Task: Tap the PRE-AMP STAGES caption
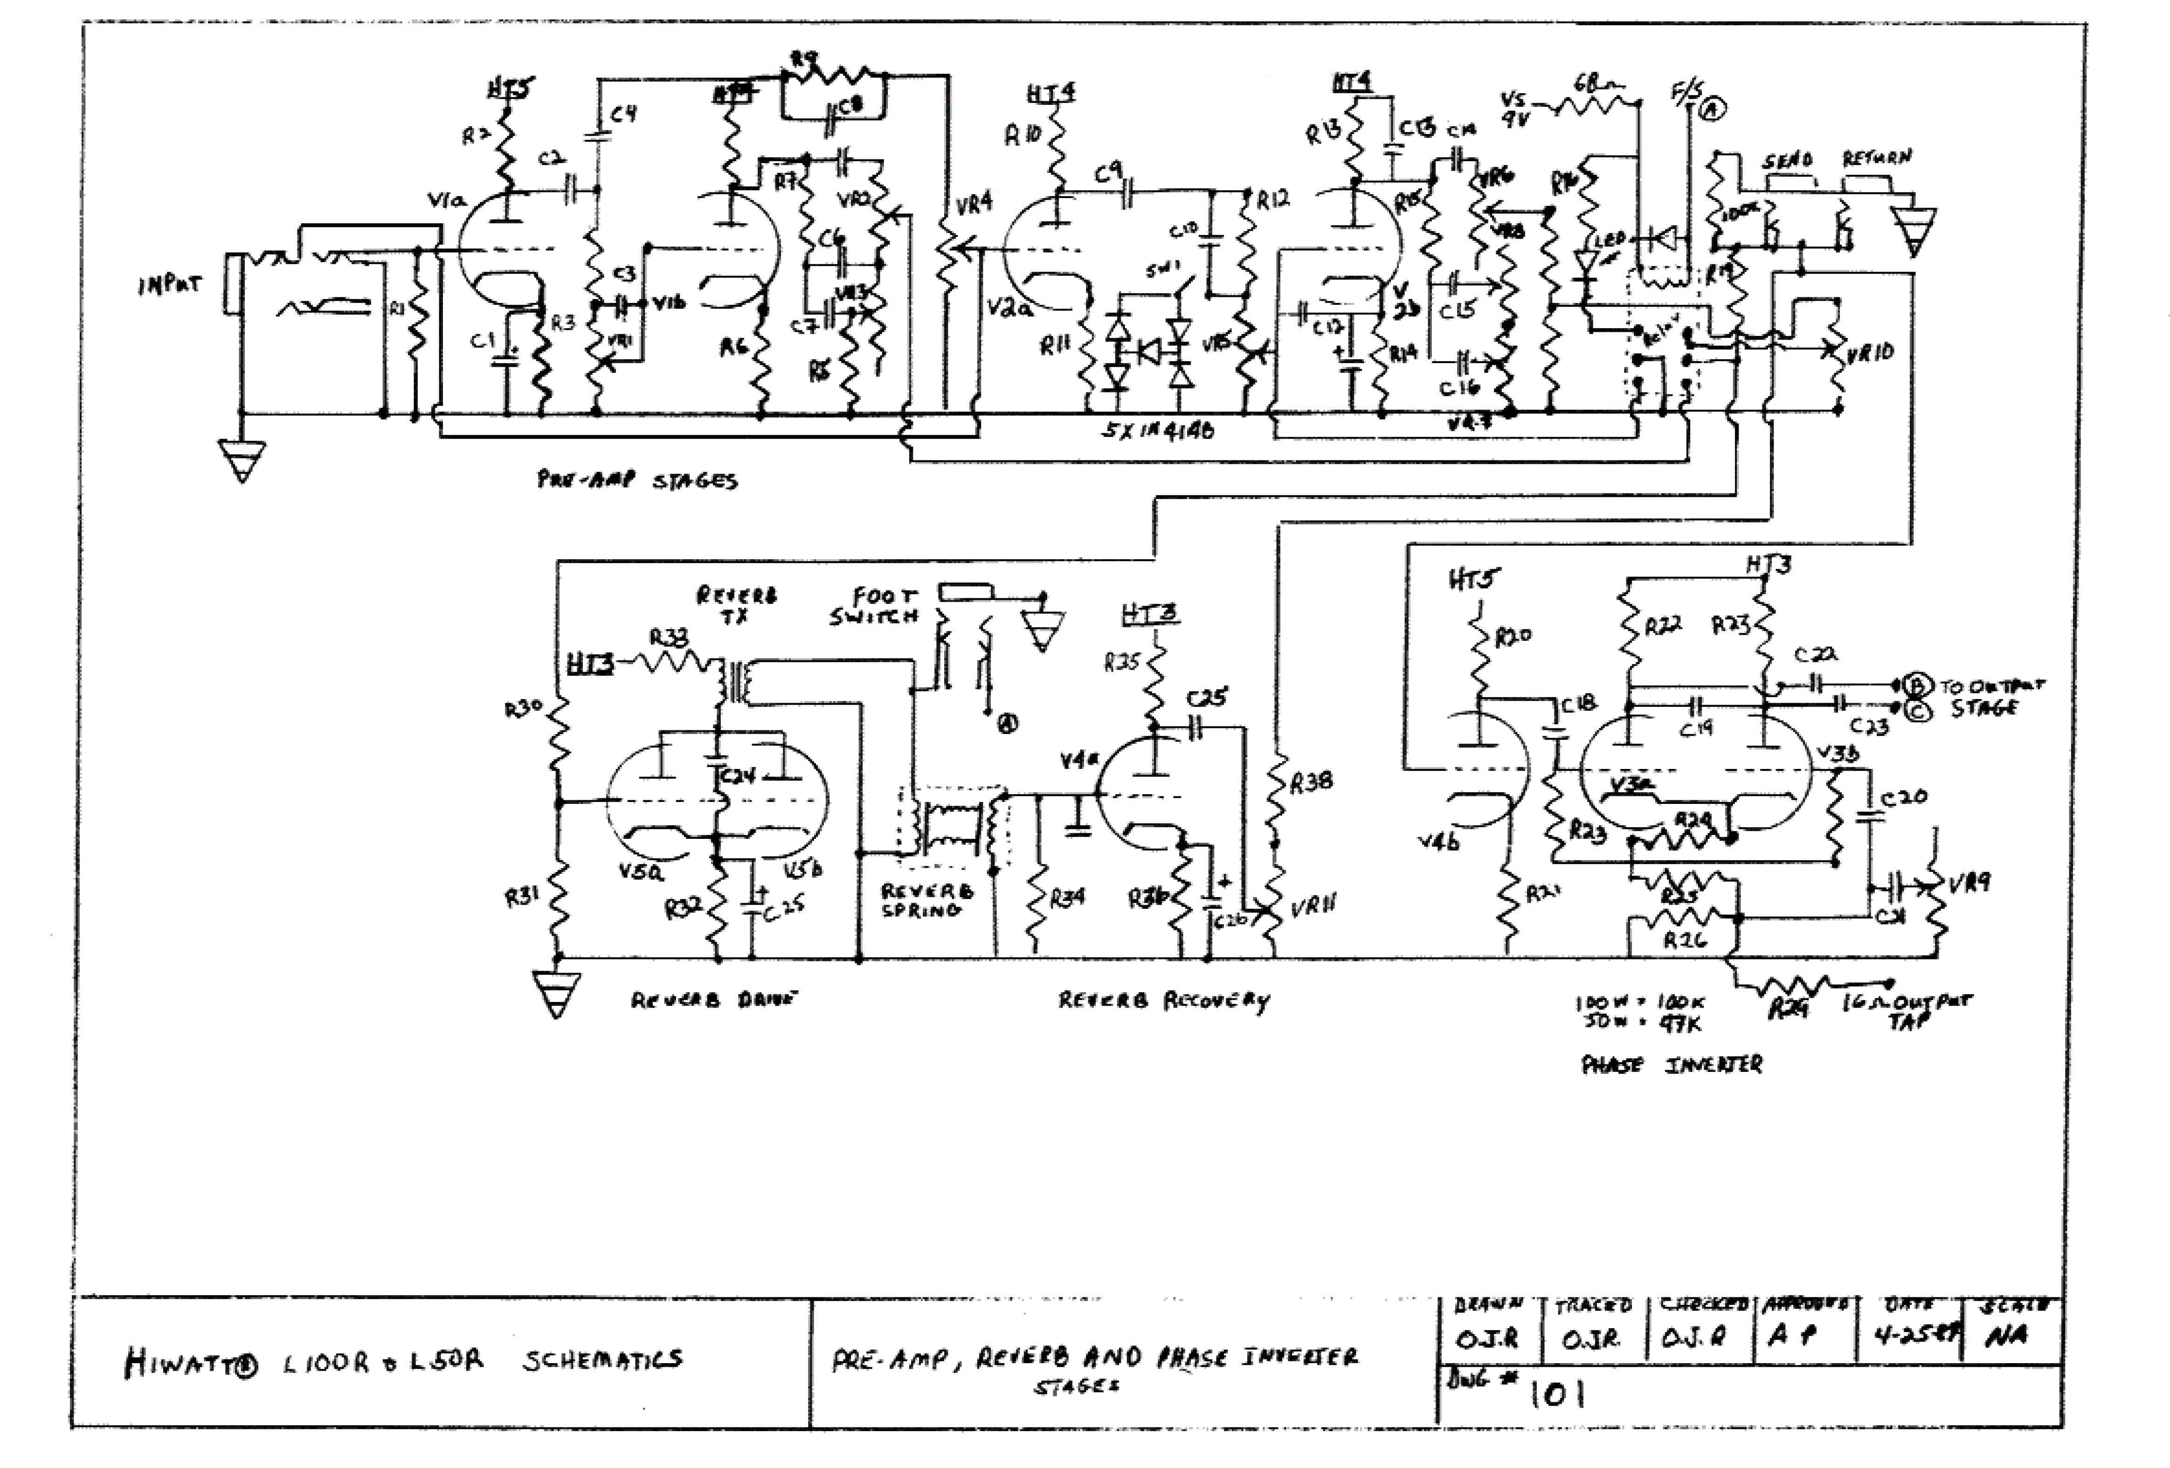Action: point(637,480)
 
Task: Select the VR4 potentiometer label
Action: point(974,203)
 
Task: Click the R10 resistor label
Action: point(1023,136)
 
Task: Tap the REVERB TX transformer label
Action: point(736,605)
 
